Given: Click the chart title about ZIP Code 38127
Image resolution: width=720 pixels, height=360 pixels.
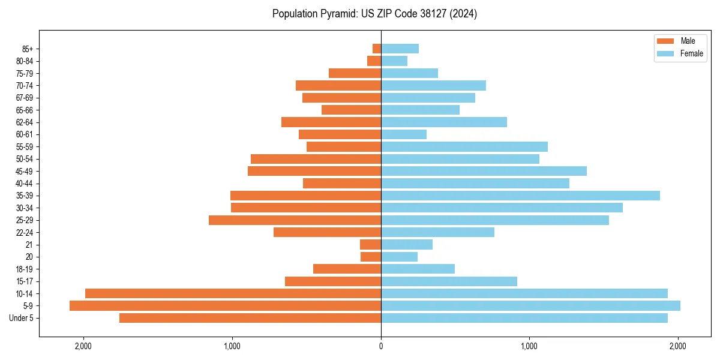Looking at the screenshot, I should (x=374, y=14).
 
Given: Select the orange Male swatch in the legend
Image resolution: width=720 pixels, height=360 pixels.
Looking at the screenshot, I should (x=665, y=41).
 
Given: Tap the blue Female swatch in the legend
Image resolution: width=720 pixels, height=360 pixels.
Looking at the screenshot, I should (x=665, y=53).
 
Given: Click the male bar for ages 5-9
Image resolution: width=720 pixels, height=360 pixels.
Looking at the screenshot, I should (x=225, y=306).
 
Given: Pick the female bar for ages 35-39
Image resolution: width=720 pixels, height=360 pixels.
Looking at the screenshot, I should (x=520, y=196).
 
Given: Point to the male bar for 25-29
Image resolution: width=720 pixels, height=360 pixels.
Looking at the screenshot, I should (x=295, y=220).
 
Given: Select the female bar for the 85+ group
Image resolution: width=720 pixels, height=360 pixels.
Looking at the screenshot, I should (x=400, y=49).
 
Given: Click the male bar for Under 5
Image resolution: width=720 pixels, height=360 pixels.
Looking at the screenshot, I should (x=250, y=318).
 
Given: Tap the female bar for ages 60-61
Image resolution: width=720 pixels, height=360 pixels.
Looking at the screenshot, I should (x=404, y=134).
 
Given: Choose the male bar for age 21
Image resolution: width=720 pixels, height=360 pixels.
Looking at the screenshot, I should (x=370, y=245).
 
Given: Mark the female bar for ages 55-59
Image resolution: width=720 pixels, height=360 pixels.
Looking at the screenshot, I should (x=464, y=147).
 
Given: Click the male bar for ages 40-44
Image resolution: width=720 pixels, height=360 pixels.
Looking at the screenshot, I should (x=342, y=184).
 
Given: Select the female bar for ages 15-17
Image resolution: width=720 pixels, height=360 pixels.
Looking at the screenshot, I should (x=449, y=281).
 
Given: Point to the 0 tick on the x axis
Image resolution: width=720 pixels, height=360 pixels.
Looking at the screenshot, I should (x=381, y=346).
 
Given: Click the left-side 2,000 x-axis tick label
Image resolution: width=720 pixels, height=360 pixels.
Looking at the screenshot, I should (x=83, y=346).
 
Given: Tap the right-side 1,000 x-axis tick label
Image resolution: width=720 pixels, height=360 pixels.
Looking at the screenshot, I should (x=529, y=346).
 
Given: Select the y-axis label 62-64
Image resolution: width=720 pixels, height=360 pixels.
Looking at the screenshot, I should (x=23, y=122).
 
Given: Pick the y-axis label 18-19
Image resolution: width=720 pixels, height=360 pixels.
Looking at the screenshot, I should (x=23, y=269).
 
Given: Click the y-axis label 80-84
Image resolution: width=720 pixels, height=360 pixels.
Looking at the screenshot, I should (x=23, y=61).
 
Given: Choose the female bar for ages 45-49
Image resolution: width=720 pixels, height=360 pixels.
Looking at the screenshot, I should (x=484, y=171).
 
